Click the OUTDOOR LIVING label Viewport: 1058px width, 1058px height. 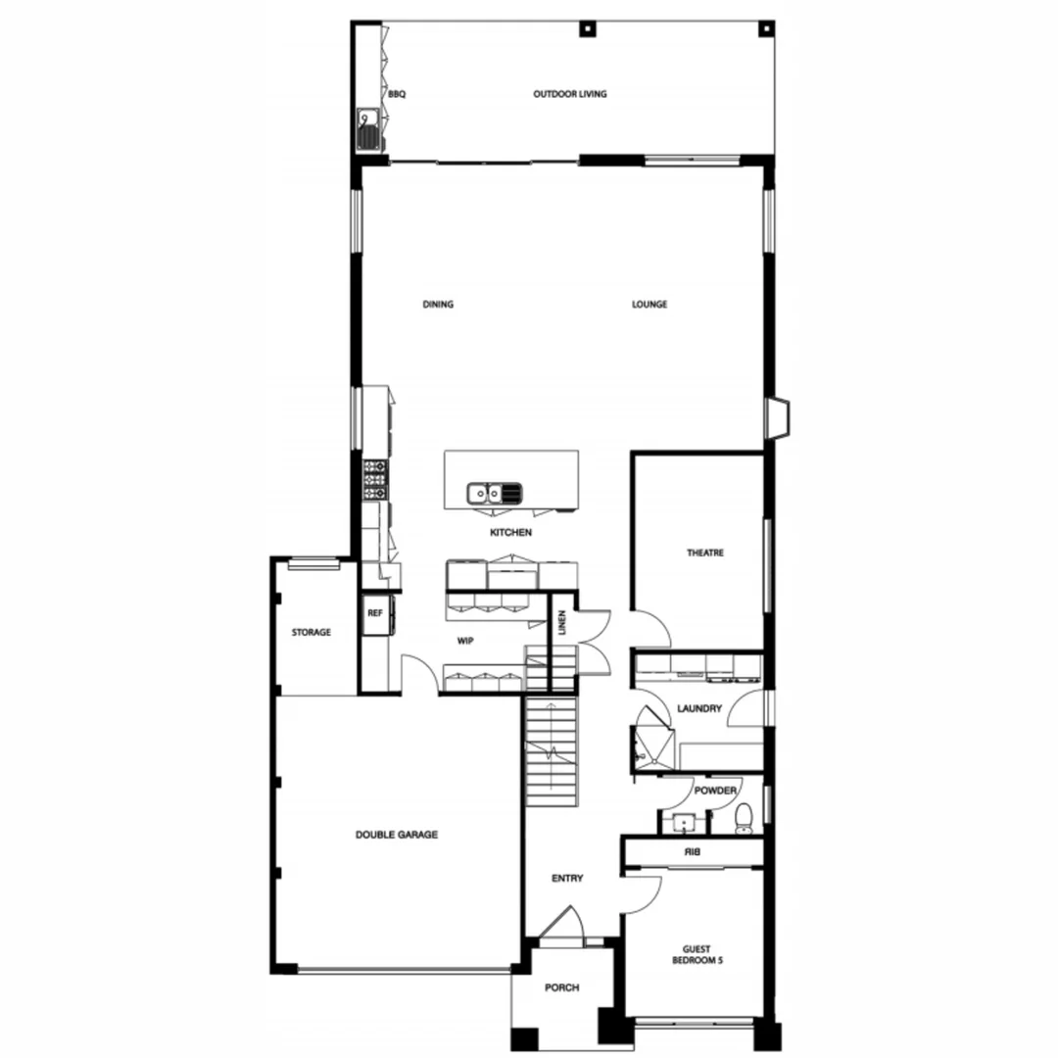point(569,94)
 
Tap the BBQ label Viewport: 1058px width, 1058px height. point(396,95)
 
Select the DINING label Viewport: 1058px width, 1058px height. point(438,305)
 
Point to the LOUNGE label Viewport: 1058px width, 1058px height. point(649,305)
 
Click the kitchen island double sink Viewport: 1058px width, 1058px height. point(496,491)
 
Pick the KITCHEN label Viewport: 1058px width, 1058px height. point(511,533)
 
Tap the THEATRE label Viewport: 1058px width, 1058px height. point(705,553)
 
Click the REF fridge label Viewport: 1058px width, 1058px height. point(374,613)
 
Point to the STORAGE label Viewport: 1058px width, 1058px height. point(311,633)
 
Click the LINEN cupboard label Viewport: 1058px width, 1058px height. point(562,624)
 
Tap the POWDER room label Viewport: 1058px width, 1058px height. point(715,791)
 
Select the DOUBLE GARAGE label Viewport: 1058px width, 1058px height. point(396,836)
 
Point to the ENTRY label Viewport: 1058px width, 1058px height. point(567,879)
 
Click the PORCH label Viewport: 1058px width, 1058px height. point(561,987)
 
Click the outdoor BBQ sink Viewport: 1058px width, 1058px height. point(369,128)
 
